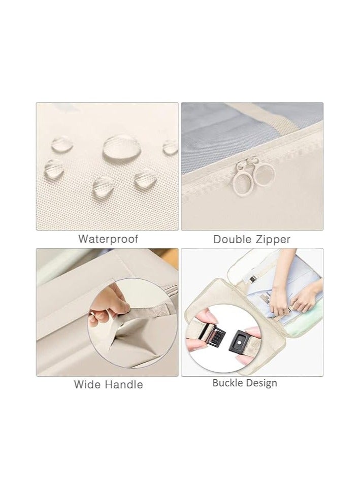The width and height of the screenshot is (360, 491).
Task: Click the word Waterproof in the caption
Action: [108, 239]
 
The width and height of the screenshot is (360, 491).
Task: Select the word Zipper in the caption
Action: [272, 239]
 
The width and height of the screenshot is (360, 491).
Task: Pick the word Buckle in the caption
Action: [228, 383]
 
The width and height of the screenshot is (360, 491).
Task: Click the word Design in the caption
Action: [261, 383]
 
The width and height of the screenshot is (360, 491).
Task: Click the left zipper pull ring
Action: [242, 175]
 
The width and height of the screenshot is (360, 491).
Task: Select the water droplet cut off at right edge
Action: [171, 148]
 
